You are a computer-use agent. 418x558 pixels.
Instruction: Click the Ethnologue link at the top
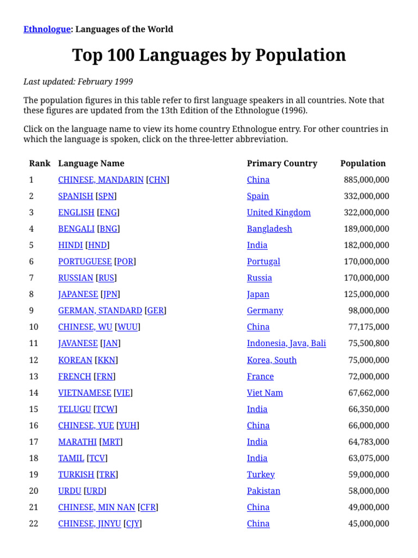point(47,29)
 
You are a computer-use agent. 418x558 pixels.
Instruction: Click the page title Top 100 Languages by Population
point(209,55)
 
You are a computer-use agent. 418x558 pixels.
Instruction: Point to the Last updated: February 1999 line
point(78,82)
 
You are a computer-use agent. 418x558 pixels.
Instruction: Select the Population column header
point(362,163)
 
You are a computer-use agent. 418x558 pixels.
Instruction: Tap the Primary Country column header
point(281,163)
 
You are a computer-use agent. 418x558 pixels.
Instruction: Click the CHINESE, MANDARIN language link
point(101,180)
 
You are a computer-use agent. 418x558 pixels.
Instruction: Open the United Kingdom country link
point(278,213)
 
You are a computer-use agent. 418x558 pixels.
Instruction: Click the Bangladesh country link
point(269,229)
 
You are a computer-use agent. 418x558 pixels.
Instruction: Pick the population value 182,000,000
point(366,245)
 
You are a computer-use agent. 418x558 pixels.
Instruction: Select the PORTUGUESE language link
point(85,262)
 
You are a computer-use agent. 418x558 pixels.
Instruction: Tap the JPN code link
point(110,294)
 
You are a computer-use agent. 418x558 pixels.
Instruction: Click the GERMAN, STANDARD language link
point(100,311)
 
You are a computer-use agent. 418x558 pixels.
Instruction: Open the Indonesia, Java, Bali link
point(286,343)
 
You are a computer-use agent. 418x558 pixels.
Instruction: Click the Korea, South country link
point(272,360)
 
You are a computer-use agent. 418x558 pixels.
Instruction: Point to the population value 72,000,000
point(368,377)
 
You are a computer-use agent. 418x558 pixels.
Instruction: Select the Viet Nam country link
point(265,393)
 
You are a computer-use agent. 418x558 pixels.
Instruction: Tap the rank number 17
point(34,442)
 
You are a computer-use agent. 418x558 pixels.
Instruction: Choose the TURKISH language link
point(76,475)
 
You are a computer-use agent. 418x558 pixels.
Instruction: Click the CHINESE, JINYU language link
point(90,524)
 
